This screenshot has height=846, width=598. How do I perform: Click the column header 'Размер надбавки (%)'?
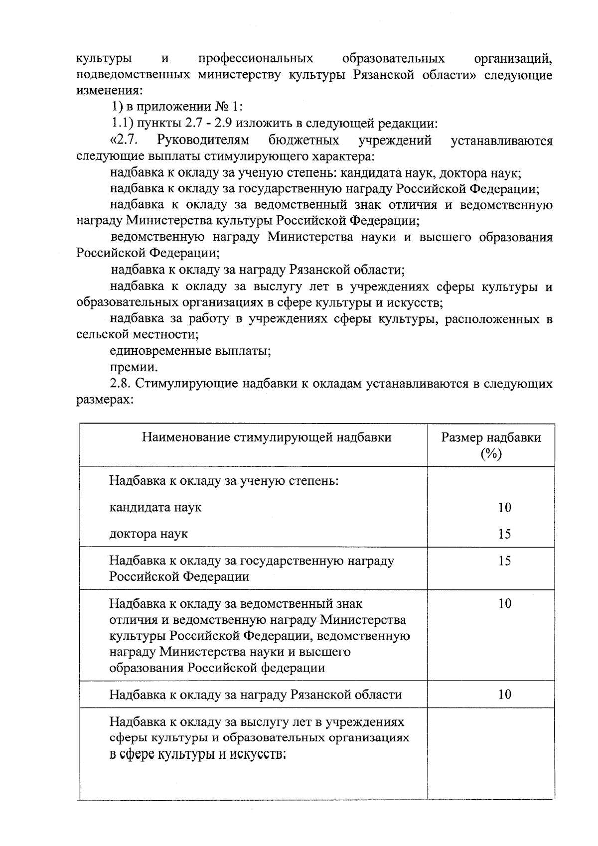pyautogui.click(x=491, y=445)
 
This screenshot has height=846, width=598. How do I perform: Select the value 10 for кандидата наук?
pyautogui.click(x=504, y=508)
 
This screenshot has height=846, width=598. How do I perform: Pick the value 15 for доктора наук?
pyautogui.click(x=504, y=534)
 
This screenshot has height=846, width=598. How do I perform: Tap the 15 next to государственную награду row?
pyautogui.click(x=504, y=561)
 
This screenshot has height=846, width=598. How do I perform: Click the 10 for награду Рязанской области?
pyautogui.click(x=504, y=695)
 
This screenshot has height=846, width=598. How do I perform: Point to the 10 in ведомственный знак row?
pyautogui.click(x=504, y=604)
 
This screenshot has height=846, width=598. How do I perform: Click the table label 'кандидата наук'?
pyautogui.click(x=155, y=508)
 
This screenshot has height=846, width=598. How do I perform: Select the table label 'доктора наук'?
pyautogui.click(x=149, y=534)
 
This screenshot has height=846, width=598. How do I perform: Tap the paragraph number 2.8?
pyautogui.click(x=120, y=384)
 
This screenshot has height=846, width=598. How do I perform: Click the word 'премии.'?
pyautogui.click(x=134, y=368)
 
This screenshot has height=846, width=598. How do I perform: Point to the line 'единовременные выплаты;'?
pyautogui.click(x=190, y=351)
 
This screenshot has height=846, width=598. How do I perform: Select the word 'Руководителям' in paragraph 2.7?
pyautogui.click(x=202, y=141)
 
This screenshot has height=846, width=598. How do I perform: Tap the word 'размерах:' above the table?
pyautogui.click(x=105, y=400)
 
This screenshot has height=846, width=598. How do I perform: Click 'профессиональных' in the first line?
pyautogui.click(x=256, y=59)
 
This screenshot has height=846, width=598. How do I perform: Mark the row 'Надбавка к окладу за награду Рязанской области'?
pyautogui.click(x=255, y=695)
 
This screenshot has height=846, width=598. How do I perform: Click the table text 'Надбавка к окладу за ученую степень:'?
pyautogui.click(x=224, y=481)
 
